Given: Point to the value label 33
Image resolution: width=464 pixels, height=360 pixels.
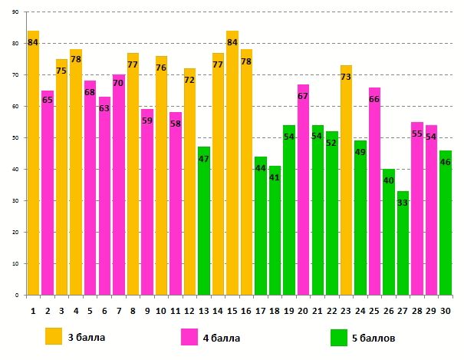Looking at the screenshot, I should [x=403, y=202].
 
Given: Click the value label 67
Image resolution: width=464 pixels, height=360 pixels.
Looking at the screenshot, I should [x=303, y=96].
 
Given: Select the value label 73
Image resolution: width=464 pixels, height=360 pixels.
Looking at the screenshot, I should [x=346, y=77].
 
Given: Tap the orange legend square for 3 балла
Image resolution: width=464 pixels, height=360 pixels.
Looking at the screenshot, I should [x=54, y=336].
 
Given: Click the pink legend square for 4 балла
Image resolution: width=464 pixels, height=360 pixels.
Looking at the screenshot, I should [x=189, y=336].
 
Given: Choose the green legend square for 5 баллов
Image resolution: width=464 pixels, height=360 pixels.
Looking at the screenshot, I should [x=338, y=336].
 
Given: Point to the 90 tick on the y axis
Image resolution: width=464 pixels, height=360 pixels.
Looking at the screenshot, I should [x=15, y=13].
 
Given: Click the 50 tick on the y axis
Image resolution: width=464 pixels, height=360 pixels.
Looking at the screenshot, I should [x=15, y=138].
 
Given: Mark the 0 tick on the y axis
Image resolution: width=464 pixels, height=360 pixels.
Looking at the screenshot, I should [x=17, y=295].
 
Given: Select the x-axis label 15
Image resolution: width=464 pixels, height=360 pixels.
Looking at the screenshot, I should [x=232, y=309].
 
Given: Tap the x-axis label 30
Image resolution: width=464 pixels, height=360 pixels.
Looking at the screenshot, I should [x=445, y=309].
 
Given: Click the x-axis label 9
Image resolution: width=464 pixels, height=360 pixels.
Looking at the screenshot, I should [x=146, y=309].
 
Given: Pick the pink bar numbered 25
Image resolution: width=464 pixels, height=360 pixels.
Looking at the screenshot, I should [x=374, y=191].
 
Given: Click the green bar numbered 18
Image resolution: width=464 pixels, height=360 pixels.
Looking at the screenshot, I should [x=275, y=230].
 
